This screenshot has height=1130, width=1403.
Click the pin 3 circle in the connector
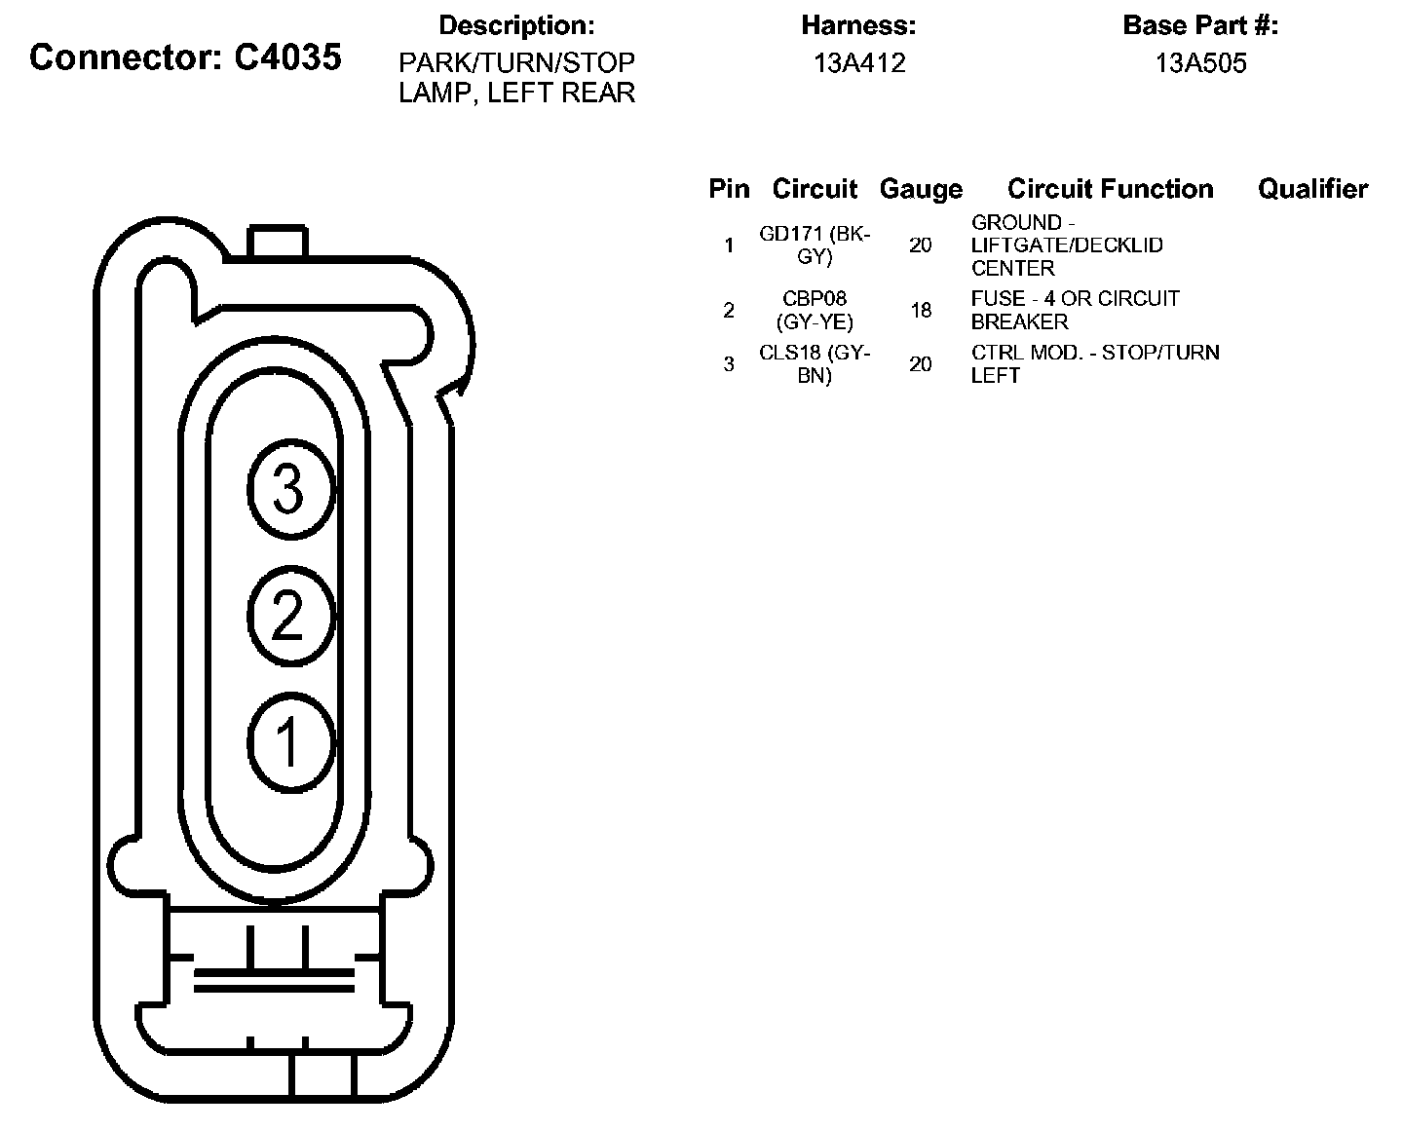tap(290, 489)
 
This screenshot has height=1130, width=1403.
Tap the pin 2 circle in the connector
tap(290, 616)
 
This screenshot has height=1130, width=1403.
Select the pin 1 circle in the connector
tap(290, 741)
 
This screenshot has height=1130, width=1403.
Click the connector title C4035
tap(185, 57)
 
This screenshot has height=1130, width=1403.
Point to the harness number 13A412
tap(859, 63)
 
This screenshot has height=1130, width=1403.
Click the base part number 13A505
tap(1200, 63)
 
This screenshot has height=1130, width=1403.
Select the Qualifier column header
tap(1312, 189)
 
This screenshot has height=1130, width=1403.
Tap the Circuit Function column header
tap(1110, 189)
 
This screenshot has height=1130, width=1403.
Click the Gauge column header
tap(921, 189)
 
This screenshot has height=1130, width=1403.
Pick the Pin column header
tap(729, 189)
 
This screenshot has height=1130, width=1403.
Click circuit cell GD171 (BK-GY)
tap(815, 245)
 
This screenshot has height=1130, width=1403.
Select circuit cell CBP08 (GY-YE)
tap(815, 310)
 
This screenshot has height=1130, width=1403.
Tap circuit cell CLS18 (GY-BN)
tap(815, 364)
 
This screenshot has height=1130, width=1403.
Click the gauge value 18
tap(921, 311)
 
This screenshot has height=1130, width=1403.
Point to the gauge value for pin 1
tap(921, 245)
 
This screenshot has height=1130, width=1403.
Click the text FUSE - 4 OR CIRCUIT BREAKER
tap(1075, 310)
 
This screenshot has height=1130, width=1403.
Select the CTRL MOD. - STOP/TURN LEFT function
tap(1095, 363)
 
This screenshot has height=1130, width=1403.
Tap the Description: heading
tap(516, 25)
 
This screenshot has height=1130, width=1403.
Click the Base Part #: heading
tap(1200, 25)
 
